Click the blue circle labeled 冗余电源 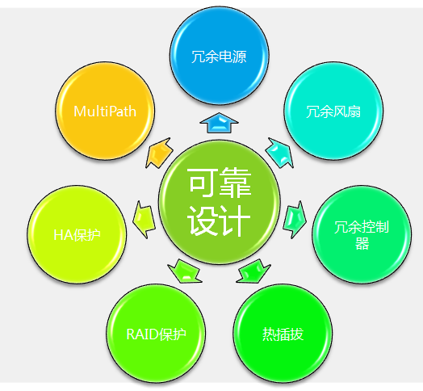tap(219, 56)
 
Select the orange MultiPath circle tap(105, 111)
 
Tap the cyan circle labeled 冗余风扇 tap(333, 111)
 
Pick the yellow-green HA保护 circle tap(77, 234)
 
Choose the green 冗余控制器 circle tap(362, 234)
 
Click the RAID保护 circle tap(156, 334)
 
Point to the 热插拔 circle tap(283, 334)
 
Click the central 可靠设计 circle tap(219, 202)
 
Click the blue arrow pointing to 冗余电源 tap(219, 123)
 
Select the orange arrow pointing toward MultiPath tap(158, 153)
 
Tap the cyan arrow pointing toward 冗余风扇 tap(280, 153)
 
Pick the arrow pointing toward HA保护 tap(144, 219)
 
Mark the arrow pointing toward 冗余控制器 tap(295, 219)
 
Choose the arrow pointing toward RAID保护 tap(185, 271)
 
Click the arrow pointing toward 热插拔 tap(253, 271)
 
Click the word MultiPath tap(105, 111)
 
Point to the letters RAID tap(142, 334)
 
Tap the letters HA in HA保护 tap(63, 235)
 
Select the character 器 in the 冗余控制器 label tap(362, 243)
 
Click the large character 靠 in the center tap(236, 183)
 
